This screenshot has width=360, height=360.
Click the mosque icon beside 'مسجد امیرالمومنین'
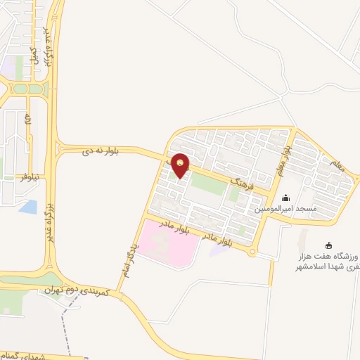(285, 198)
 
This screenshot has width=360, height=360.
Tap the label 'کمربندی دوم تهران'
(77, 289)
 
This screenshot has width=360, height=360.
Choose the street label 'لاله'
(27, 119)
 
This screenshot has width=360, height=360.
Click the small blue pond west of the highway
(29, 207)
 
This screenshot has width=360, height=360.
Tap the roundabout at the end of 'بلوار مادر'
(252, 252)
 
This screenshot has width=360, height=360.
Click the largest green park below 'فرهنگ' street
(210, 184)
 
